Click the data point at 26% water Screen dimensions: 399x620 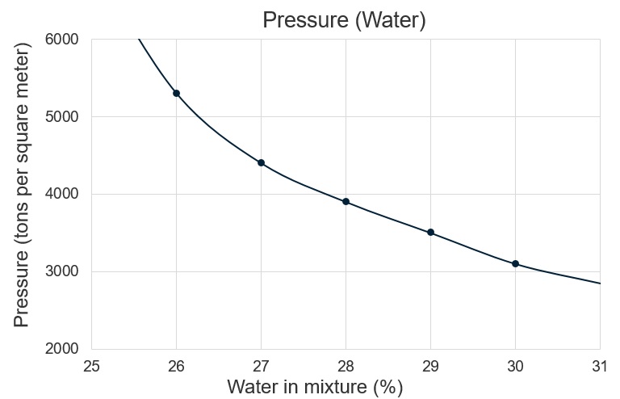coord(176,94)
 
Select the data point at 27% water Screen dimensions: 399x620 coord(261,163)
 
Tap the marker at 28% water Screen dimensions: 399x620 coord(346,202)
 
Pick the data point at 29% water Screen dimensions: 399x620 coord(430,233)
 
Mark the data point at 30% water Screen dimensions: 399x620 coord(515,264)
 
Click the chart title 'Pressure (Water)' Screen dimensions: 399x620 coord(344,20)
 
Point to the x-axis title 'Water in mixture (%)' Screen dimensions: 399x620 coord(315,387)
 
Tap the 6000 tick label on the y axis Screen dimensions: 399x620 coord(61,39)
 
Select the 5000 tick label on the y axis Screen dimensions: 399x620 coord(61,116)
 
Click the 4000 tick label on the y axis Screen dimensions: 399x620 coord(61,194)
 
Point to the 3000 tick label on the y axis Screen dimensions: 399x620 coord(61,271)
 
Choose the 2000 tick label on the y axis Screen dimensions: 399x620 coord(61,349)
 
